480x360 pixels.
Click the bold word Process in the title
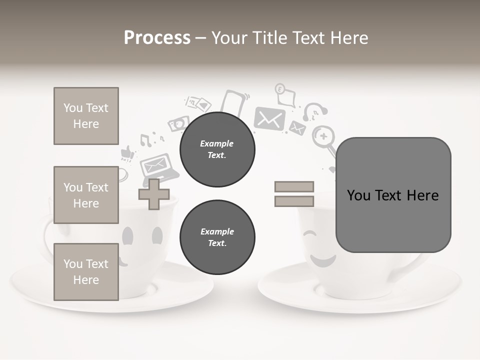click(x=157, y=37)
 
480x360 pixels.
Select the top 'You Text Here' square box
click(x=86, y=116)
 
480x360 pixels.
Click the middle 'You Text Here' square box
click(x=86, y=195)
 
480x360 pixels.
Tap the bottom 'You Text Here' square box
click(x=86, y=271)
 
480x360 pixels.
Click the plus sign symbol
click(x=154, y=194)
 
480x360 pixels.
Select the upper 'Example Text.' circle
click(x=217, y=149)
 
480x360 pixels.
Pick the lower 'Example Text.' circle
click(x=217, y=237)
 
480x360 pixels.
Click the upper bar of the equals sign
click(x=294, y=186)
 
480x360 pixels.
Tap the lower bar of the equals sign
click(x=294, y=201)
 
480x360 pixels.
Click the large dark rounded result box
click(x=393, y=195)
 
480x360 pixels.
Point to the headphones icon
click(x=315, y=111)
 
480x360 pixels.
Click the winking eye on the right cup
click(x=310, y=234)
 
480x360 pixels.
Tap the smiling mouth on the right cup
click(x=322, y=260)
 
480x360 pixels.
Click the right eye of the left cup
click(x=157, y=235)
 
